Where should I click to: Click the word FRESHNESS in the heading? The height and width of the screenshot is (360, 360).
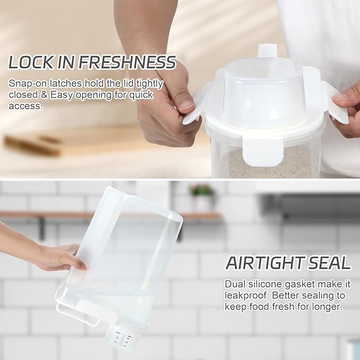[127, 63]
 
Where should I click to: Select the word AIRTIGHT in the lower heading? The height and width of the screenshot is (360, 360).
[264, 263]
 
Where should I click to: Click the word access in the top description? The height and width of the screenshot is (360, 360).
[25, 106]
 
